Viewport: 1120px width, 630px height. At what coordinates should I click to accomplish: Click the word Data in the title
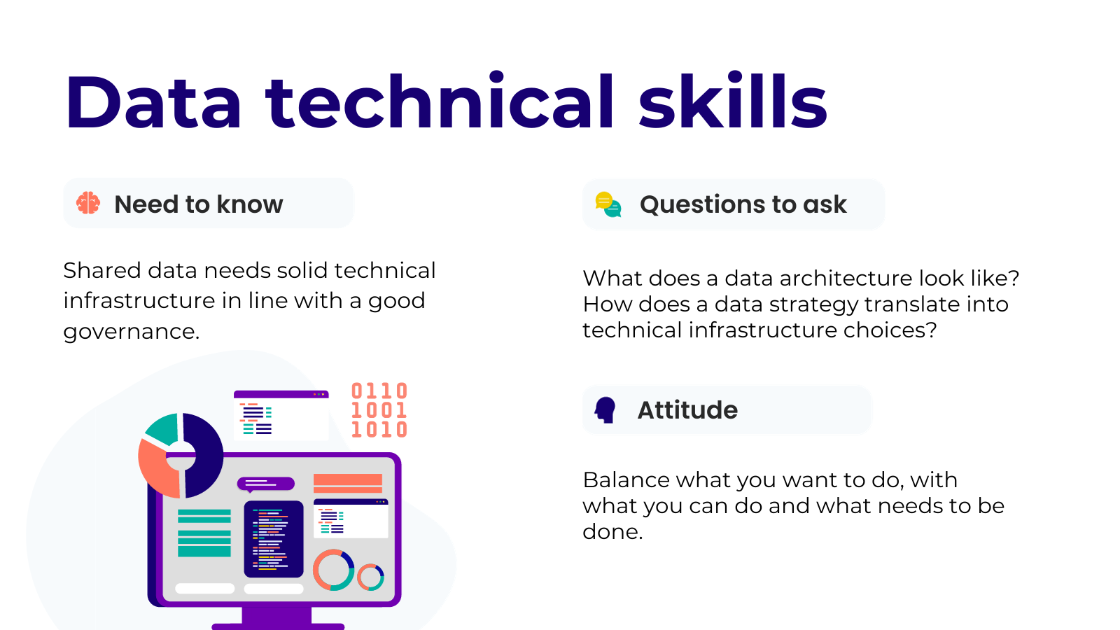pyautogui.click(x=153, y=102)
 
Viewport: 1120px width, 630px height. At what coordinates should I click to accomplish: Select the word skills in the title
pyautogui.click(x=733, y=101)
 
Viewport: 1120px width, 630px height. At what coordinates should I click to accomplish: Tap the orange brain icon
pyautogui.click(x=88, y=203)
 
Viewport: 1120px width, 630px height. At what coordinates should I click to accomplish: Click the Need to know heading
pyautogui.click(x=199, y=204)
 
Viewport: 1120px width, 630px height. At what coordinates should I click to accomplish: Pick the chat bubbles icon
pyautogui.click(x=608, y=204)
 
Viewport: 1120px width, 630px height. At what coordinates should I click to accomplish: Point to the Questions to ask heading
pyautogui.click(x=743, y=204)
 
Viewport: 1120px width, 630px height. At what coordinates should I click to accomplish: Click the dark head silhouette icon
pyautogui.click(x=605, y=410)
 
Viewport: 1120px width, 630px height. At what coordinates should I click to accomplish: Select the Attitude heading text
pyautogui.click(x=687, y=410)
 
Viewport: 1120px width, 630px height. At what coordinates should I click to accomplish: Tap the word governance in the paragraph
pyautogui.click(x=131, y=332)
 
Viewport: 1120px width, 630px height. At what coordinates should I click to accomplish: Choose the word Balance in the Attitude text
pyautogui.click(x=626, y=480)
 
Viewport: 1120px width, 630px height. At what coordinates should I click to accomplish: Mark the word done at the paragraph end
pyautogui.click(x=612, y=531)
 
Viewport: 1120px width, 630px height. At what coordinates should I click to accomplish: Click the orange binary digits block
pyautogui.click(x=379, y=410)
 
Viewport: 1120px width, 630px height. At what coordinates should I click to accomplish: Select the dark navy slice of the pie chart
pyautogui.click(x=202, y=455)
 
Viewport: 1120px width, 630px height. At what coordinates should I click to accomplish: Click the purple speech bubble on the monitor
pyautogui.click(x=265, y=484)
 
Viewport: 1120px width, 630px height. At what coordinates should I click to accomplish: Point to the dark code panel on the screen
pyautogui.click(x=274, y=539)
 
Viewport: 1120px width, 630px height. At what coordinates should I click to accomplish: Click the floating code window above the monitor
pyautogui.click(x=281, y=416)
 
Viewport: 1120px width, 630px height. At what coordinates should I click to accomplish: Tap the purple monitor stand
pyautogui.click(x=277, y=619)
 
